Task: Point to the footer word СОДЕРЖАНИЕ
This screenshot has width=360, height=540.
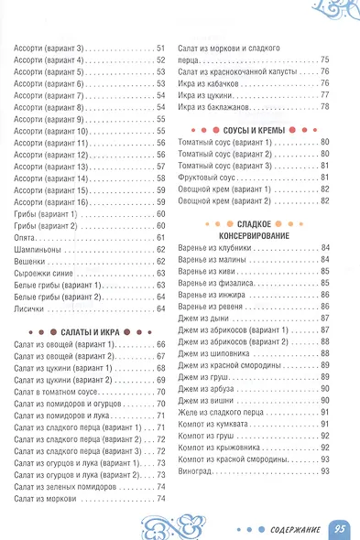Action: [290, 528]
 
